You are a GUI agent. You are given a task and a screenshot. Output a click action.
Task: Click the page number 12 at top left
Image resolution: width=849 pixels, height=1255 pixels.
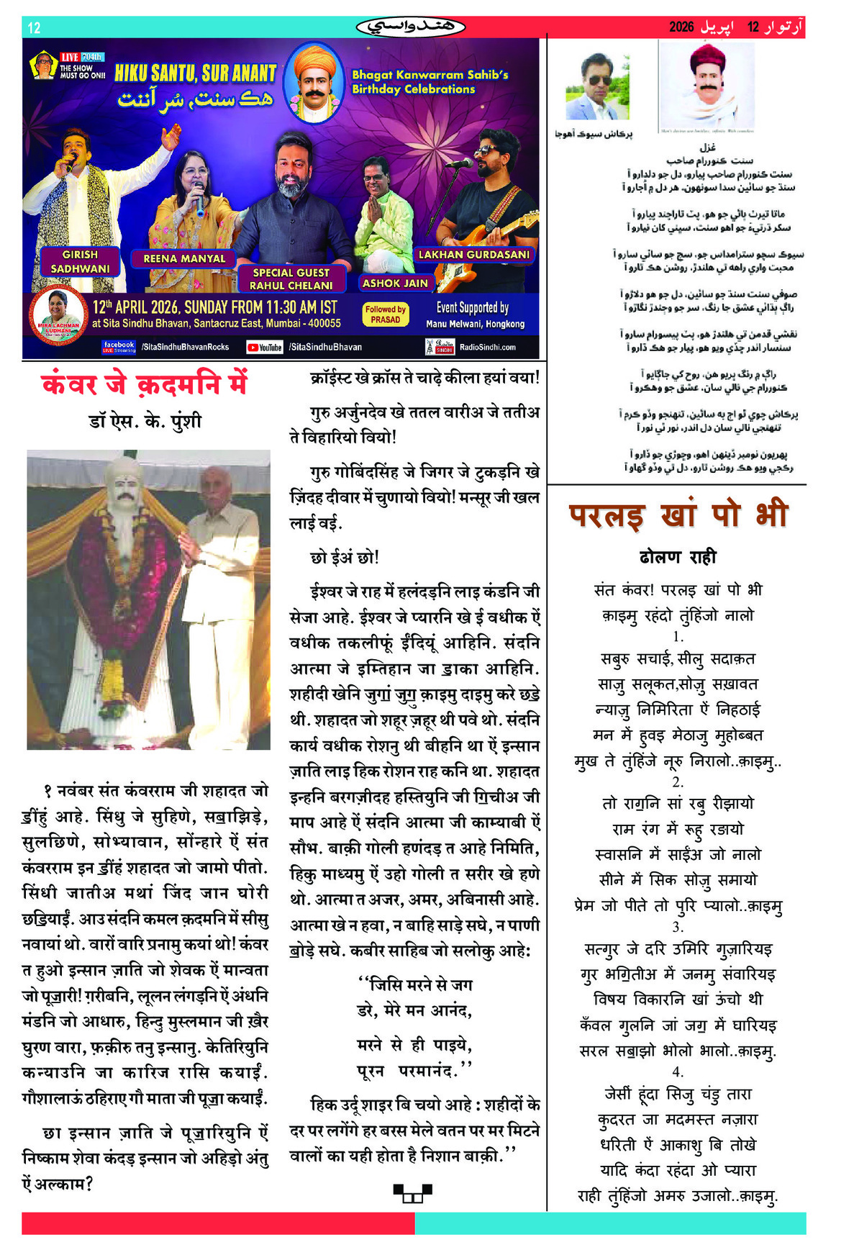click(34, 28)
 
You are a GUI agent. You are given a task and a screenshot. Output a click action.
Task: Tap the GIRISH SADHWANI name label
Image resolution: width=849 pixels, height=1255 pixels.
click(80, 262)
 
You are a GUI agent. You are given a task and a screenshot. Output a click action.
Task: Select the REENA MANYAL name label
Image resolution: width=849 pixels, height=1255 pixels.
click(184, 258)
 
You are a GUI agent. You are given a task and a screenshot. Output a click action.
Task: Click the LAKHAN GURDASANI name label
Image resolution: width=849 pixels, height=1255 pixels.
click(473, 255)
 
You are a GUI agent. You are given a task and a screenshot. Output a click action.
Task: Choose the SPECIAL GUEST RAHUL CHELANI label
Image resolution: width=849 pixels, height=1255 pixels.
click(291, 279)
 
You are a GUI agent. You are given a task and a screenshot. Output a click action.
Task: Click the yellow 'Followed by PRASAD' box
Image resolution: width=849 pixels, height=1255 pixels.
click(386, 314)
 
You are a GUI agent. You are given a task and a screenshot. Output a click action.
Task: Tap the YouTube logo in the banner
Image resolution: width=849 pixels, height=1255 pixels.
click(264, 348)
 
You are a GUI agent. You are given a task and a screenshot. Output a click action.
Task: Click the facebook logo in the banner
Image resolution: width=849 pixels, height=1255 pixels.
click(119, 347)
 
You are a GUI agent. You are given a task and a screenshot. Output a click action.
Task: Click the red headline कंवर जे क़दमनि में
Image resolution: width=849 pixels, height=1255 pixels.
click(145, 384)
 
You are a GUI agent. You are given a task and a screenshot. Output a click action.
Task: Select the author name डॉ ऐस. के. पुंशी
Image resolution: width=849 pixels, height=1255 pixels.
click(145, 421)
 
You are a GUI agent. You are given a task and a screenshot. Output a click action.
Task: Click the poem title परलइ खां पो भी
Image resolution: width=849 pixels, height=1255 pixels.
click(678, 516)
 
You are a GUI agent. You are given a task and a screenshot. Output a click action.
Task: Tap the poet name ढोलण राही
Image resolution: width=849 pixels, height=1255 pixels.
click(678, 557)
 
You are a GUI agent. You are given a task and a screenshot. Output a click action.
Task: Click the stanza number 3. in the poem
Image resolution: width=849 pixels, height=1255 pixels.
click(678, 927)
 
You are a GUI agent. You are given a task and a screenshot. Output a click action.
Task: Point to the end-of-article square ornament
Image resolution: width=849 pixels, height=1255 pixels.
click(412, 1193)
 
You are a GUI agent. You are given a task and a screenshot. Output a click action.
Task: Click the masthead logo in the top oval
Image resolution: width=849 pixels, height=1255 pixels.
click(411, 27)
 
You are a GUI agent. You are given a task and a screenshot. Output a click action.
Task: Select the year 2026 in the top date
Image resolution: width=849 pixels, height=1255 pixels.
click(681, 27)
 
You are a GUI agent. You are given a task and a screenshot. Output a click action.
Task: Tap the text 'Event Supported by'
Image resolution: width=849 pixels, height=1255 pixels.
click(472, 308)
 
